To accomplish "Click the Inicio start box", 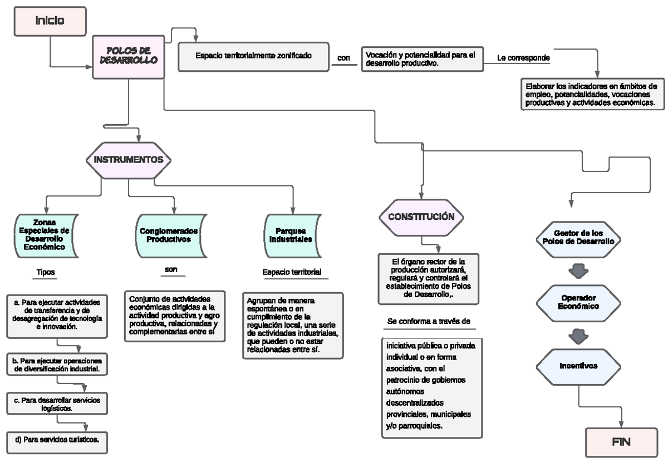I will [50, 21].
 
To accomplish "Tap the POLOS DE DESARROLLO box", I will [129, 56].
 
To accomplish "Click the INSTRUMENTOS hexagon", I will [129, 159].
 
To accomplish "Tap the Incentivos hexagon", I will [578, 366].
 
